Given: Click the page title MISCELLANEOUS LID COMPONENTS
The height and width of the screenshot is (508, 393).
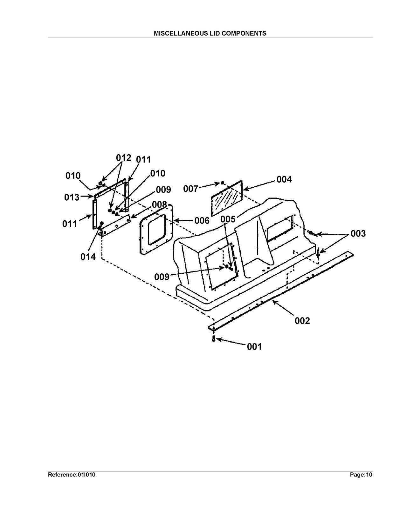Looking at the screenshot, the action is coord(210,33).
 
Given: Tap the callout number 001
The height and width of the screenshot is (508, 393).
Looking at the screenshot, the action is coord(254,347).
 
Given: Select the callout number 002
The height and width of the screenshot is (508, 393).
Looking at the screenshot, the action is coord(302,321).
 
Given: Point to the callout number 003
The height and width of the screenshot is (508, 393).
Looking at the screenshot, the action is coord(358,234).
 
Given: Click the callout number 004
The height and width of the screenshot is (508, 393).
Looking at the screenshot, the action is coord(284,179).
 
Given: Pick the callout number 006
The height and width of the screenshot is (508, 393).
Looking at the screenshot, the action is coord(202,220).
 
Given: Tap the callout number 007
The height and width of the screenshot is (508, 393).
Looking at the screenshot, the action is coord(190,189).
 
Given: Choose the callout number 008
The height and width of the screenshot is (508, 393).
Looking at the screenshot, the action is coord(159,204).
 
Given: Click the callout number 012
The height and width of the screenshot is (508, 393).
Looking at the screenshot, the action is coord(123,158).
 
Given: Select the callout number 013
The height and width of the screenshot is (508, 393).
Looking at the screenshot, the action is coord(72,197).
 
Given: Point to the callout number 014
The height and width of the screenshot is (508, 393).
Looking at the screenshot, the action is coord(88,257).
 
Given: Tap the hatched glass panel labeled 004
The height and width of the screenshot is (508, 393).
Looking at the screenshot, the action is coord(226,198).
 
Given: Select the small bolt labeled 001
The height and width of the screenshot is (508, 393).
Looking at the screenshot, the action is coord(213,338).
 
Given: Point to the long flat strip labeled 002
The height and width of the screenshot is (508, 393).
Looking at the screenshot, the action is coord(280,290).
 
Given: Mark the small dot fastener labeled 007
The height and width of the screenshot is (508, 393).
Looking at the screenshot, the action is coord(222,183).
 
